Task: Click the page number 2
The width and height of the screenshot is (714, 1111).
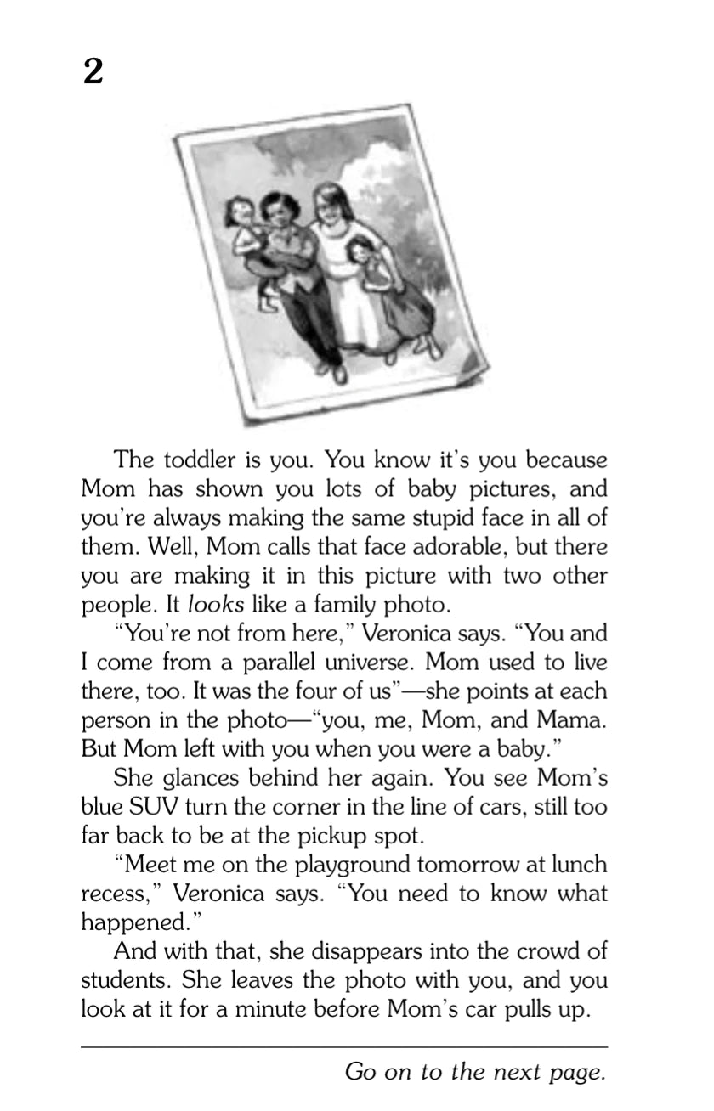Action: point(93,73)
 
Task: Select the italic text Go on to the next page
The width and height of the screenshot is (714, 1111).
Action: point(476,1072)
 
